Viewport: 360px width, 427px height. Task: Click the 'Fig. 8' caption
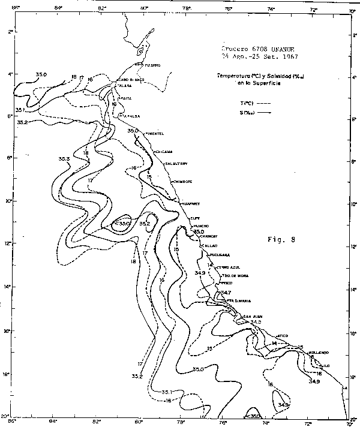coord(281,239)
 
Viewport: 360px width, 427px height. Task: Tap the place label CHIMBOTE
coord(182,181)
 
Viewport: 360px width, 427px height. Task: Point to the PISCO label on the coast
coord(226,282)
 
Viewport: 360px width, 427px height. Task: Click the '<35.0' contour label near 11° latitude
coord(122,223)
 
